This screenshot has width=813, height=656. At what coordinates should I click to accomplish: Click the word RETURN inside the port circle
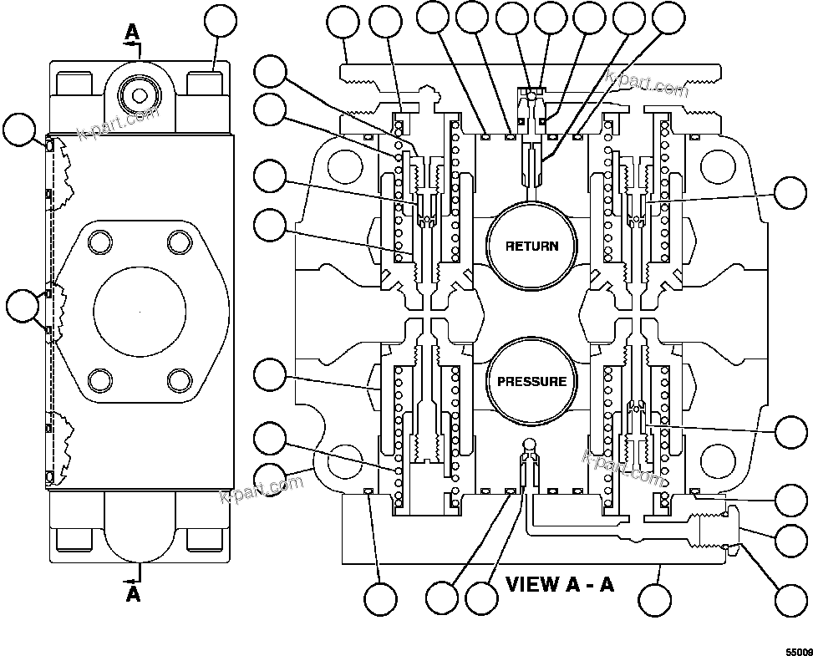(x=531, y=246)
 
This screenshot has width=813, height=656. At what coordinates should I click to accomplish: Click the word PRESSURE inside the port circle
(x=531, y=382)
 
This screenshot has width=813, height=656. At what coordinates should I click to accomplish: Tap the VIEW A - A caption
(x=560, y=583)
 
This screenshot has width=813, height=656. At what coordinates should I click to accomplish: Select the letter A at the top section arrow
(x=133, y=32)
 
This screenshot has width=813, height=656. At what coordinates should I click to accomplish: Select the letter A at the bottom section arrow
(x=133, y=594)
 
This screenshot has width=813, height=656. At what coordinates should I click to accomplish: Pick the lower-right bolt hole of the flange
(x=179, y=380)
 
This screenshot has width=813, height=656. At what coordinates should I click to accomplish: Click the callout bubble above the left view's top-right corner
(x=221, y=23)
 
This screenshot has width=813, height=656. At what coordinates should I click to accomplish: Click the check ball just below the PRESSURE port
(x=529, y=444)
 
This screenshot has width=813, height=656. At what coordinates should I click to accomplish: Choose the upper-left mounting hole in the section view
(x=343, y=167)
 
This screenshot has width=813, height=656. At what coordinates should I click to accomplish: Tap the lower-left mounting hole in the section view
(x=343, y=460)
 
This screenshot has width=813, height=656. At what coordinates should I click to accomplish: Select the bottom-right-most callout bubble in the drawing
(x=790, y=598)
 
